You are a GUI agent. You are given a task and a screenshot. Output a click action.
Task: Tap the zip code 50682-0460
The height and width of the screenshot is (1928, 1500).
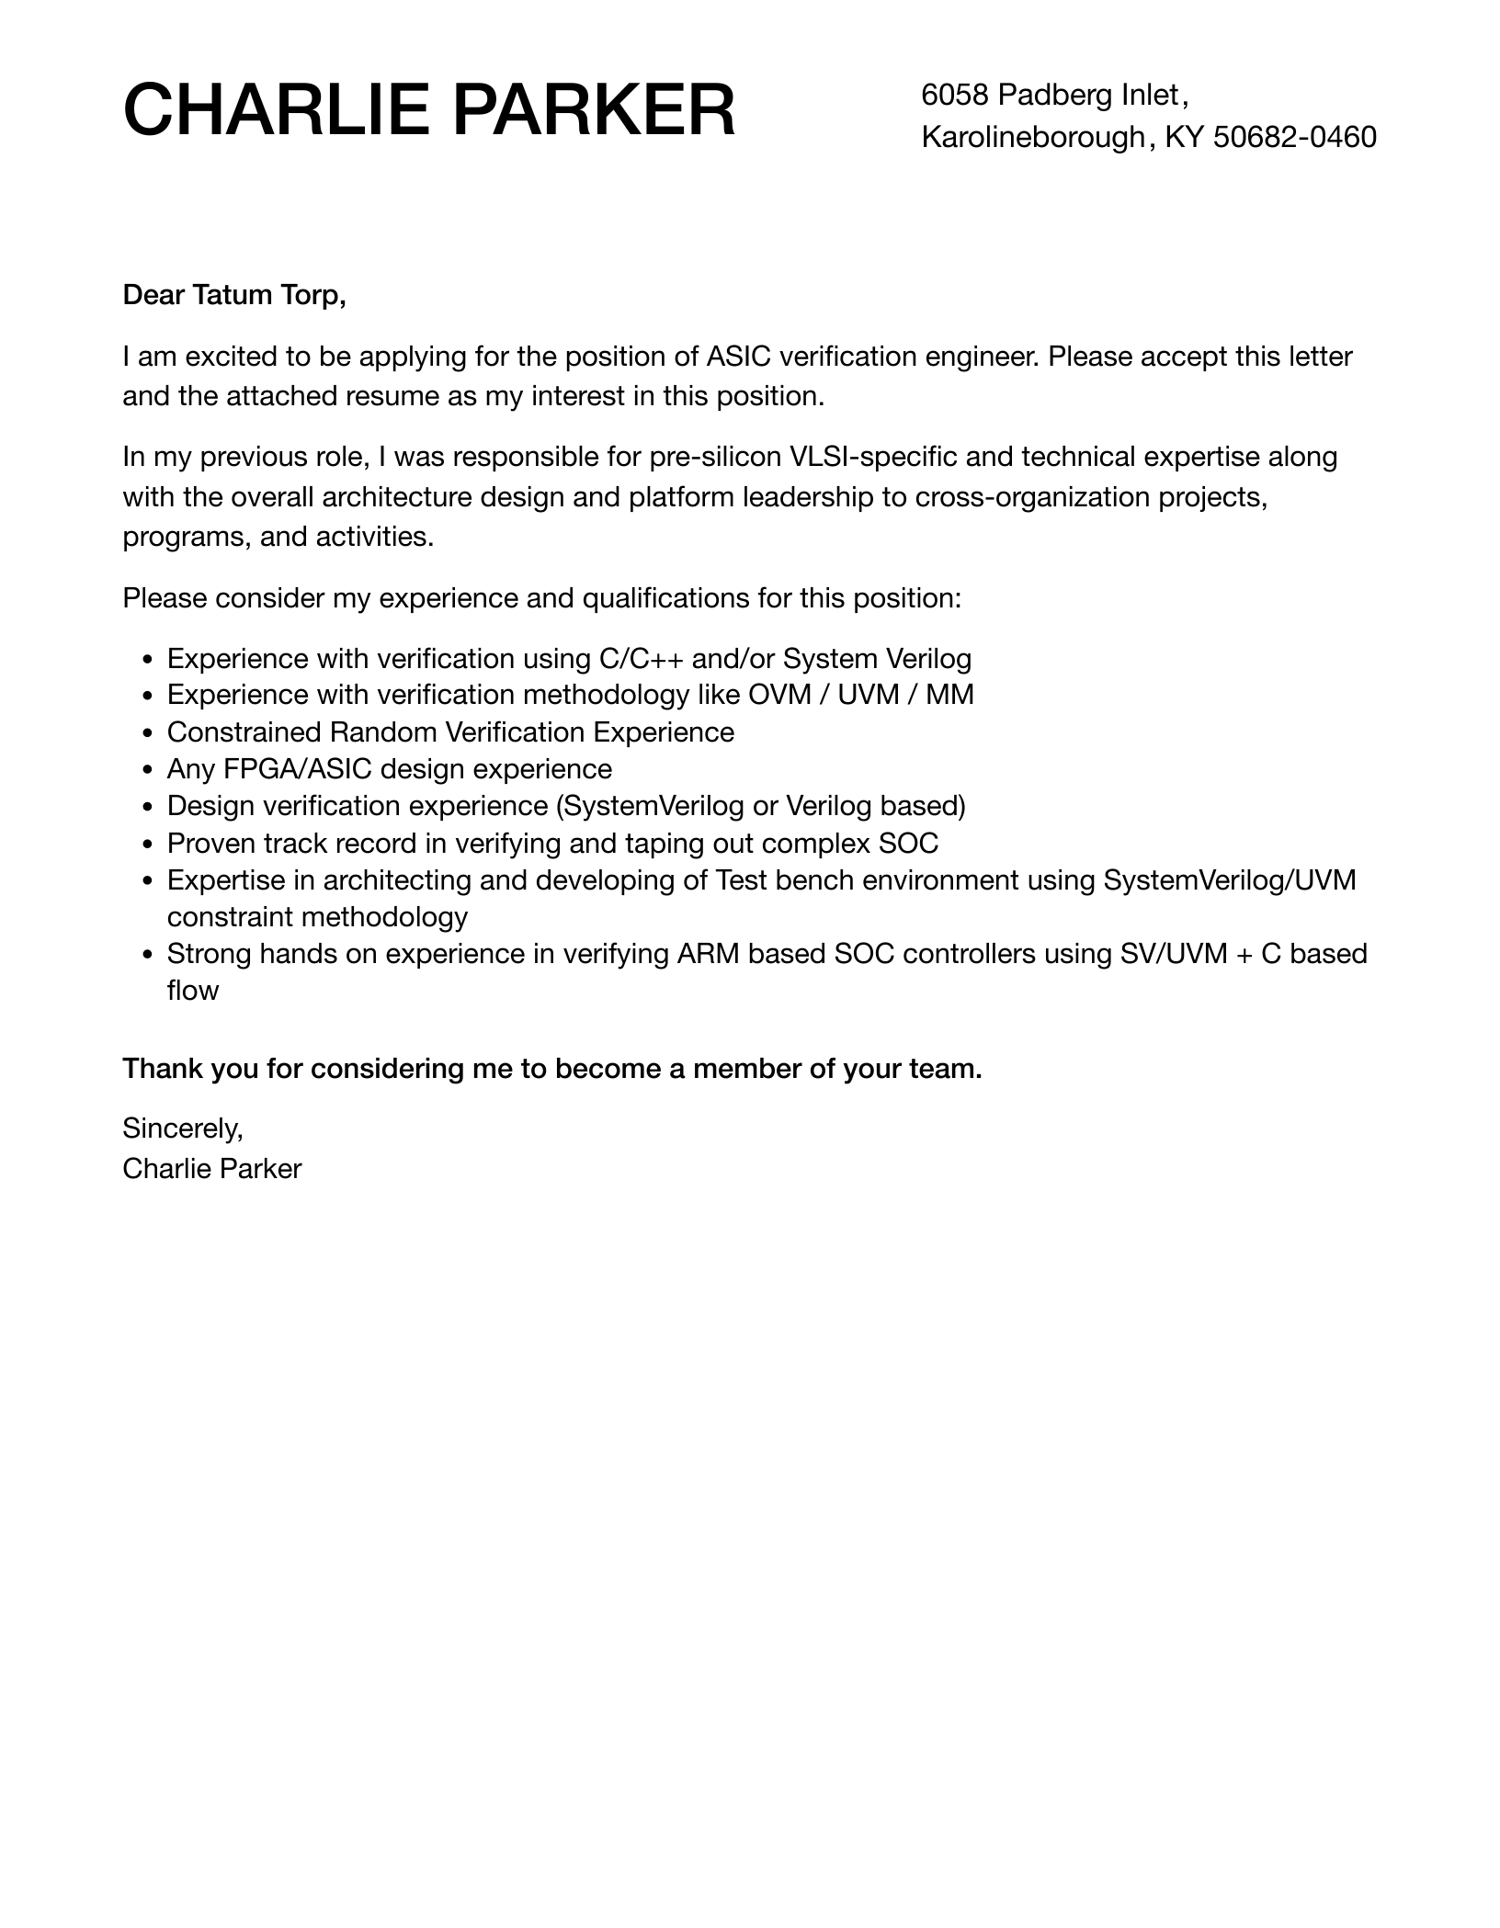click(x=1294, y=137)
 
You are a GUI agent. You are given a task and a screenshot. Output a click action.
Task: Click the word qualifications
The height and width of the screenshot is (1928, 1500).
click(x=666, y=598)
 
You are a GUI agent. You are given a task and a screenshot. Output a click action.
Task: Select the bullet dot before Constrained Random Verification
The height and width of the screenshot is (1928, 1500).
click(x=149, y=733)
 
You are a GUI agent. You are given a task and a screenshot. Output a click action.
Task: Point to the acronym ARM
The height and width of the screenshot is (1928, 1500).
click(x=708, y=954)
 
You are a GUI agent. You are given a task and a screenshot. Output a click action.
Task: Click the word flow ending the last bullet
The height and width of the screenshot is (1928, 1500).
click(x=192, y=991)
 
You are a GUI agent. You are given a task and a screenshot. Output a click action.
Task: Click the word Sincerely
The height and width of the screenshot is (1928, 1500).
click(x=182, y=1128)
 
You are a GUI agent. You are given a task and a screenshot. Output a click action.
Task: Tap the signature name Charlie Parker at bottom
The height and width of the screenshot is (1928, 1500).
click(x=211, y=1169)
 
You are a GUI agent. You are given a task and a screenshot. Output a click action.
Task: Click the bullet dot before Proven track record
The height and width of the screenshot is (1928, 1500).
click(x=149, y=845)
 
